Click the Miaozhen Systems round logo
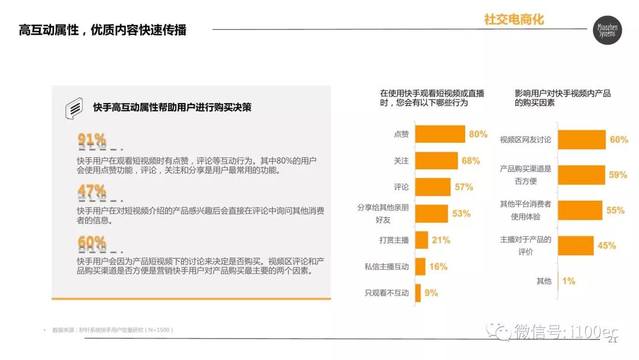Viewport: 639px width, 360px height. [x=608, y=30]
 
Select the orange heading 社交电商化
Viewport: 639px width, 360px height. [x=514, y=20]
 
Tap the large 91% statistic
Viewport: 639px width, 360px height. [x=92, y=140]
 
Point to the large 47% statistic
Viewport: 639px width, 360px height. [x=92, y=191]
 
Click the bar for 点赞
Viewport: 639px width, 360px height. [x=440, y=134]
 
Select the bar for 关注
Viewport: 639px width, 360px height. [x=436, y=160]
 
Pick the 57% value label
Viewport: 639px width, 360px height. [x=463, y=187]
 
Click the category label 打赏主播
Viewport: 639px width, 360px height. [x=394, y=240]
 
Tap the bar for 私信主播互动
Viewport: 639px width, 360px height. [x=420, y=266]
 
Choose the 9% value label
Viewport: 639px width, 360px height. [x=431, y=292]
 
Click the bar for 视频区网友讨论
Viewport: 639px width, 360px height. [x=582, y=140]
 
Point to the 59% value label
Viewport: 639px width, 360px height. [x=618, y=175]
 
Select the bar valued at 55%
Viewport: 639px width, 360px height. [x=580, y=210]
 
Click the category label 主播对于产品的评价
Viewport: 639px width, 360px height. [x=525, y=246]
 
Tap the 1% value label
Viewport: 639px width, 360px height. [x=569, y=281]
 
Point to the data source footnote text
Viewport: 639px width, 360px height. [x=113, y=330]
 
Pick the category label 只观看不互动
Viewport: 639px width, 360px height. [x=387, y=292]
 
